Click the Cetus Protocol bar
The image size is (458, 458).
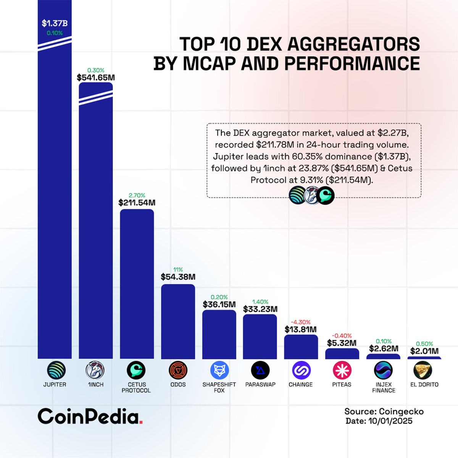tap(137, 284)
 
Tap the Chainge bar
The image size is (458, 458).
tap(301, 347)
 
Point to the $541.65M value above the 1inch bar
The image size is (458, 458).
tap(96, 78)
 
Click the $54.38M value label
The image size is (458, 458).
tap(178, 277)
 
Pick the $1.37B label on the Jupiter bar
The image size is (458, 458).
tap(55, 24)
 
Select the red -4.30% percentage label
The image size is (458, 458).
tap(301, 322)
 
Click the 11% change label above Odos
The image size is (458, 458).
tap(178, 269)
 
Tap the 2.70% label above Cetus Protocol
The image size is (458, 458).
tap(137, 195)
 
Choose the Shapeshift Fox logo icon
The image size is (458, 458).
tap(219, 370)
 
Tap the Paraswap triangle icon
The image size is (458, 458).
tap(260, 370)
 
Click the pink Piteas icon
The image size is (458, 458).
tap(342, 370)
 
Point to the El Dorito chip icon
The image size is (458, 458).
tap(424, 370)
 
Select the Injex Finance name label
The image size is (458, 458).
tap(384, 387)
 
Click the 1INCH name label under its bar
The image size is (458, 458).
tap(96, 385)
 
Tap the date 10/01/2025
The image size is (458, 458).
tap(390, 421)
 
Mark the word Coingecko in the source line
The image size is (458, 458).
tap(401, 411)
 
